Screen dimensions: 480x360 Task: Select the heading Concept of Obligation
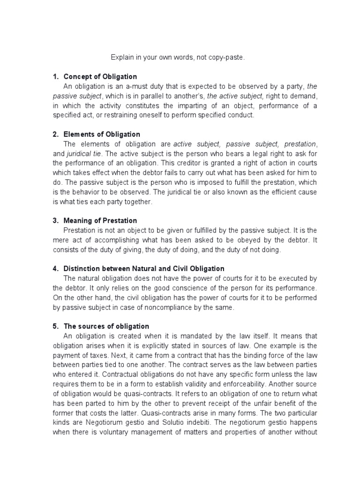click(x=100, y=76)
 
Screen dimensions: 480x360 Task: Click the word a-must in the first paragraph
click(x=129, y=86)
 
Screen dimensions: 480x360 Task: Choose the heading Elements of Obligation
click(x=102, y=135)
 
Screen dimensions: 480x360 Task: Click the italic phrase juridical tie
click(x=81, y=154)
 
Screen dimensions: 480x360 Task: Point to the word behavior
click(x=91, y=192)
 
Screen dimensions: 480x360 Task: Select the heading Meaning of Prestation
click(x=100, y=220)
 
